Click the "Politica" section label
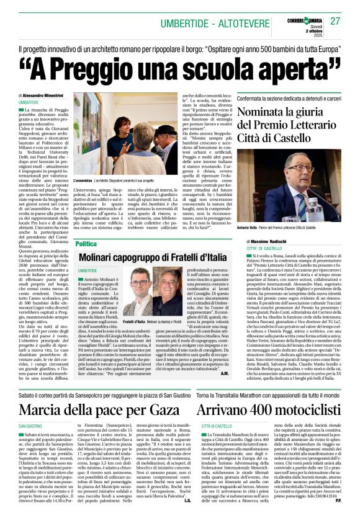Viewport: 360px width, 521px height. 86,244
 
